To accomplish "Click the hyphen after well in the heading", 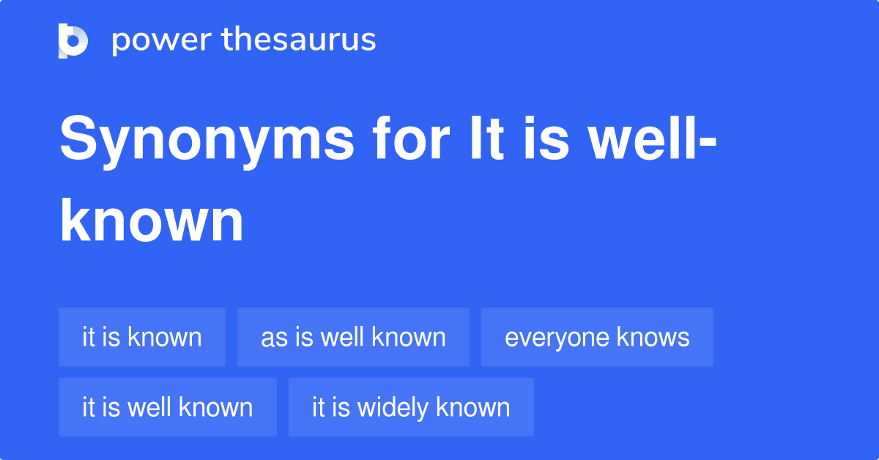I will tap(708, 143).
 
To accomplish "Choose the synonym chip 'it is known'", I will tap(142, 337).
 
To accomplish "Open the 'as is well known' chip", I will tap(353, 337).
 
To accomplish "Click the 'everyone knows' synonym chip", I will tap(597, 337).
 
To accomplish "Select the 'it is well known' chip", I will tap(168, 407).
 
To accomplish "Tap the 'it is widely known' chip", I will tap(411, 407).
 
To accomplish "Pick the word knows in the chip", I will tap(653, 337).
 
